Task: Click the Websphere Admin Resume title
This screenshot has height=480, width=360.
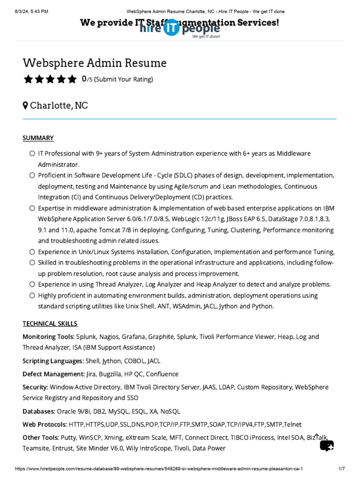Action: [95, 63]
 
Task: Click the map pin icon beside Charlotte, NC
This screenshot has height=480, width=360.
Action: [25, 105]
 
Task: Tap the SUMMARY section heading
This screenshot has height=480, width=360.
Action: [38, 138]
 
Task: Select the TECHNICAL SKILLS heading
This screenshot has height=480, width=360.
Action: [50, 323]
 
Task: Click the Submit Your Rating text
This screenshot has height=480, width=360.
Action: [123, 79]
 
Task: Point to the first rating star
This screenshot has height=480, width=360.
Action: [28, 79]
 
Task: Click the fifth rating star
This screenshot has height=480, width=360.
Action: [72, 79]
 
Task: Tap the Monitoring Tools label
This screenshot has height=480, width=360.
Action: [48, 337]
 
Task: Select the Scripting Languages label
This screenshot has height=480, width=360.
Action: [53, 361]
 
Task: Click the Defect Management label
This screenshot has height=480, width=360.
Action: [53, 374]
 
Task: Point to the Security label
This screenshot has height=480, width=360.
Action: [35, 387]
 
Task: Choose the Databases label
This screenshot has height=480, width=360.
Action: [39, 412]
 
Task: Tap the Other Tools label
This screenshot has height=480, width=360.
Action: [41, 437]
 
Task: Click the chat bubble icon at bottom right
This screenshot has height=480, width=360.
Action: [327, 445]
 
